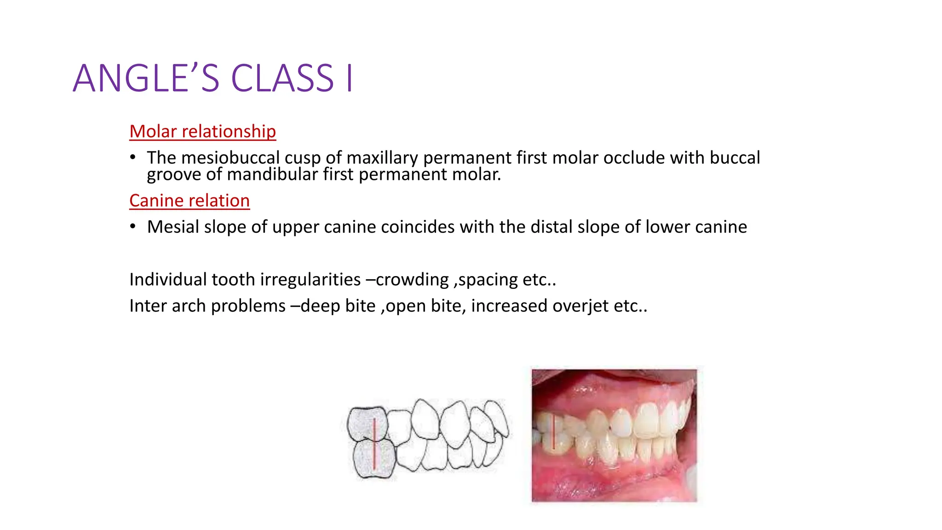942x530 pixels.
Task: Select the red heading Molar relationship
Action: click(202, 132)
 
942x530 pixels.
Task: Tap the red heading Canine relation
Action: click(190, 201)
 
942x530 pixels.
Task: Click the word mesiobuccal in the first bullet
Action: click(230, 158)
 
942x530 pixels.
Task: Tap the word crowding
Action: click(412, 280)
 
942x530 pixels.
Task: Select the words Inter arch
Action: click(167, 306)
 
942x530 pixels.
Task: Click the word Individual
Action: click(168, 280)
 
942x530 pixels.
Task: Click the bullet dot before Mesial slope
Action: click(133, 227)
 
